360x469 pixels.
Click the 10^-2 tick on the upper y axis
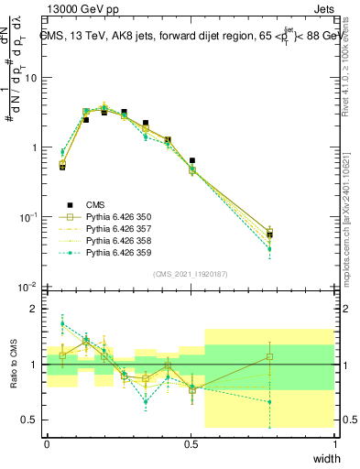coord(28,288)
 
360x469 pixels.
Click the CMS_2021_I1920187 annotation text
coord(191,273)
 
